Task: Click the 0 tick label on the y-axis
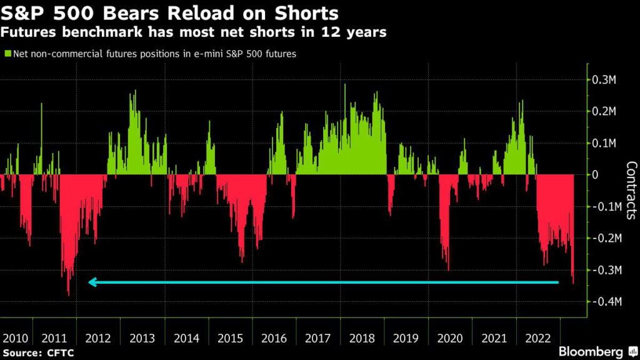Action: [x=596, y=174]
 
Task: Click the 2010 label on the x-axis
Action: [x=15, y=338]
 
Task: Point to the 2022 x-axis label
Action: [x=538, y=338]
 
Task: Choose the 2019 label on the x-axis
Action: [x=406, y=338]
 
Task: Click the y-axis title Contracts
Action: [x=631, y=191]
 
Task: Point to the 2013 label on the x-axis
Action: [x=144, y=338]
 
